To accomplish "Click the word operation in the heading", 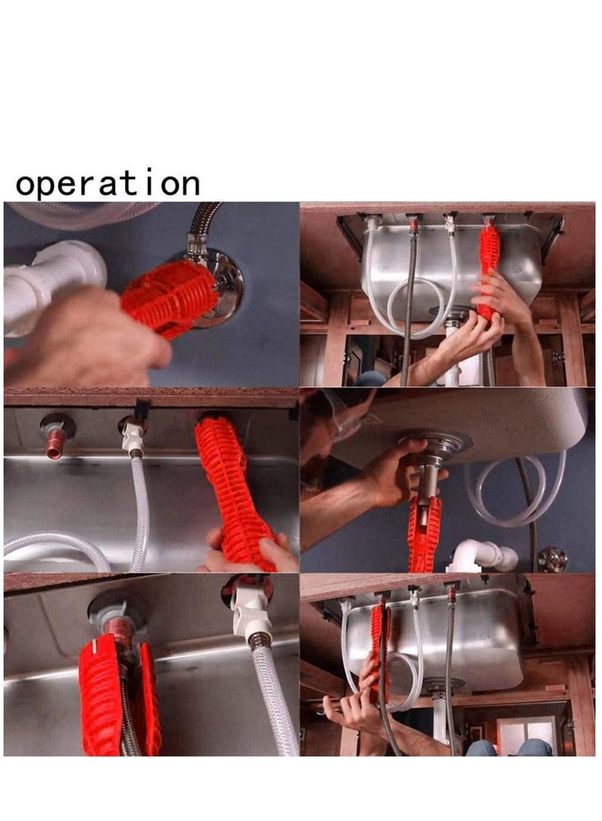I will (108, 184).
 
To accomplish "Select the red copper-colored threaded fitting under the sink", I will (54, 444).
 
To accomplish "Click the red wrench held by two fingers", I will (233, 489).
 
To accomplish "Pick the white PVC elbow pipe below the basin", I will (485, 555).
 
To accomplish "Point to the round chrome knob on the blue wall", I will (553, 558).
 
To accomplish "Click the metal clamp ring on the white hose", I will (260, 643).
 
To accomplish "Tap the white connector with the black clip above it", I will (133, 436).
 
